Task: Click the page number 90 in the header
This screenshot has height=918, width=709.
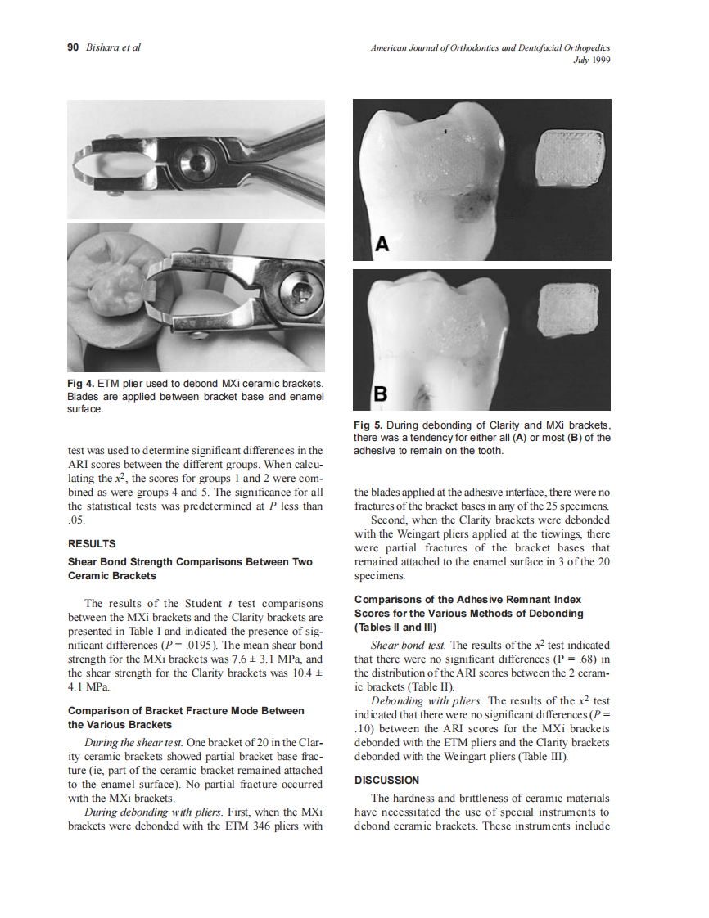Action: pos(71,47)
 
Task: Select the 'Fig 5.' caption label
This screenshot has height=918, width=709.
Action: pos(367,425)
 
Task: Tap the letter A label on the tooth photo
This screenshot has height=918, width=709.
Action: pos(382,244)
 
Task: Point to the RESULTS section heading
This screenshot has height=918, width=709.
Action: pos(92,543)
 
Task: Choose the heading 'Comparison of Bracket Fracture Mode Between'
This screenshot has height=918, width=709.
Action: pos(186,710)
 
